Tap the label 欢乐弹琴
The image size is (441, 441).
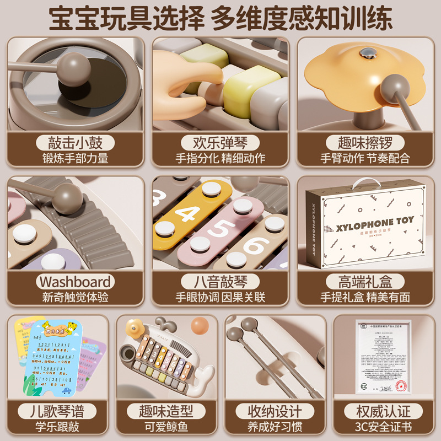(x=220, y=142)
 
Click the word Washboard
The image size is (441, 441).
(x=75, y=282)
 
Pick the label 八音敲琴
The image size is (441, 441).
(x=220, y=282)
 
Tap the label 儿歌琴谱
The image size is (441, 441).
(x=55, y=411)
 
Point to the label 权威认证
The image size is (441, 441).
(x=386, y=411)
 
